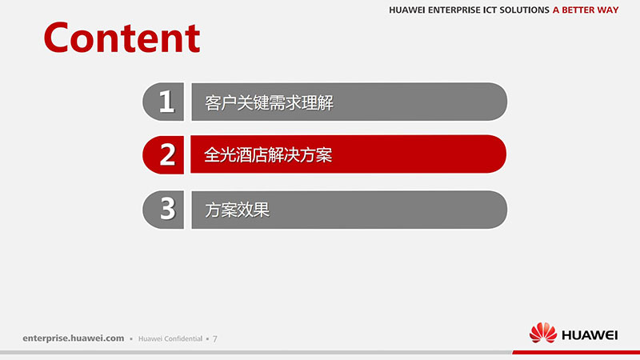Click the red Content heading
pos(122,38)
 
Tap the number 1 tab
pos(163,102)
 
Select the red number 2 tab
pos(163,154)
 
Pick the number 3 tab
pos(163,210)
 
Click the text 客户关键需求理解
pos(269,102)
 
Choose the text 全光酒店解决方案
pos(268,155)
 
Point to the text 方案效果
pos(237,210)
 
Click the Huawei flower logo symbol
pos(543,333)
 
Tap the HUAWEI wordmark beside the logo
pos(590,335)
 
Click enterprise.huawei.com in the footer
pos(74,338)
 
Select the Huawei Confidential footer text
pos(170,338)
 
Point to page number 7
pos(215,338)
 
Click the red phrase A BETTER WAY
pos(586,10)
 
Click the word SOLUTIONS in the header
pos(525,10)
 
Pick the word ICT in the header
pos(490,10)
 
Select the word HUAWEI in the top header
pos(407,10)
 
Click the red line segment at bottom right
pos(576,352)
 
